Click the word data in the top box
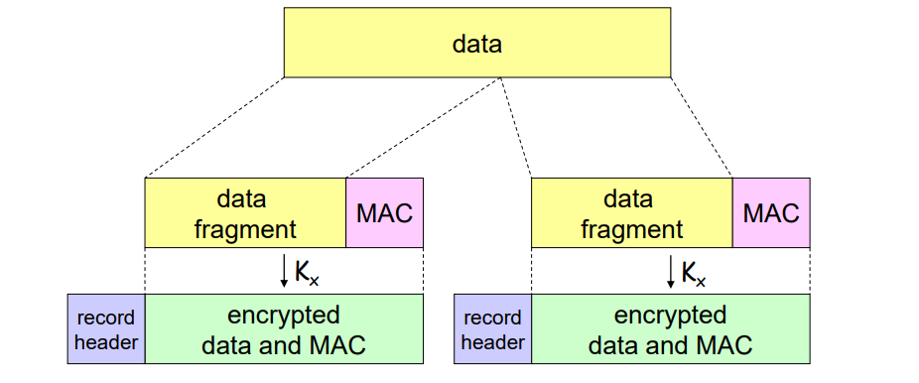click(x=477, y=44)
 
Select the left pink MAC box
click(x=384, y=212)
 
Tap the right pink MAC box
click(x=771, y=212)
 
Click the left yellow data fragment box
click(x=245, y=212)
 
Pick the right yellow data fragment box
click(x=632, y=212)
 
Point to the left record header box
click(x=106, y=328)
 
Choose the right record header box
click(x=493, y=328)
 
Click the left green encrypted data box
click(x=284, y=328)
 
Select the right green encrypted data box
click(x=671, y=328)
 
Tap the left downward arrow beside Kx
click(x=284, y=272)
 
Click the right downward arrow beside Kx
click(x=671, y=272)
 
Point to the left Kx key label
click(x=307, y=273)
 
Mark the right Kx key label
click(x=694, y=273)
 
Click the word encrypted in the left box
click(x=284, y=317)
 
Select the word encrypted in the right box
click(x=671, y=317)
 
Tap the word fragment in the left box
click(x=245, y=229)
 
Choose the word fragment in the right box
click(x=632, y=229)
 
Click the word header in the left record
click(x=106, y=342)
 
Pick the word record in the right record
click(x=493, y=319)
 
